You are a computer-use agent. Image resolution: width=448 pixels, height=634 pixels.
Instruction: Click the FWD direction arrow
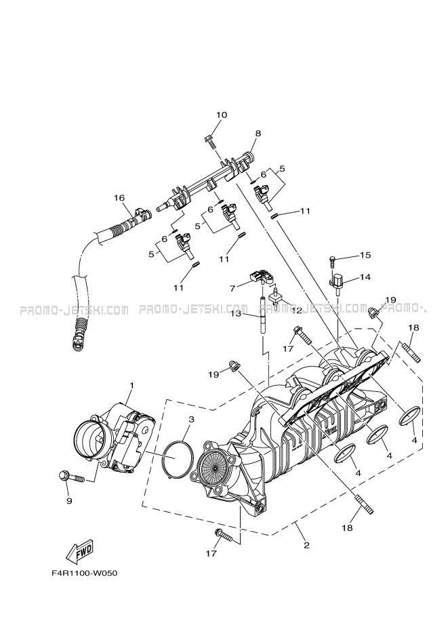[x=79, y=551]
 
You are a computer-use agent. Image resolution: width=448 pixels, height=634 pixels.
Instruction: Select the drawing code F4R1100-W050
[x=84, y=574]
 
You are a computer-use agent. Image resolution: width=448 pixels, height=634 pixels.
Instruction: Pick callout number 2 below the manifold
[x=306, y=545]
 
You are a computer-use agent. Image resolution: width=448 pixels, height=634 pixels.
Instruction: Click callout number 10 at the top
[x=222, y=115]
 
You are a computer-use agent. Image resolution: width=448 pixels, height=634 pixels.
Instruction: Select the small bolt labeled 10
[x=209, y=142]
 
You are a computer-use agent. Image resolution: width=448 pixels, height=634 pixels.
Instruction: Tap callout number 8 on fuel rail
[x=258, y=133]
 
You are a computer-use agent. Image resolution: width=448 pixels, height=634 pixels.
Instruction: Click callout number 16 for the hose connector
[x=119, y=198]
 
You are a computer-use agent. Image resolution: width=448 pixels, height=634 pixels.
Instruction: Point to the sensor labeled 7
[x=261, y=277]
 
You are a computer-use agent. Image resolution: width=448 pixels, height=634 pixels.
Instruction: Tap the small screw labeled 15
[x=332, y=260]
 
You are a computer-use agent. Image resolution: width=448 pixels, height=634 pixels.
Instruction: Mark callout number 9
[x=69, y=500]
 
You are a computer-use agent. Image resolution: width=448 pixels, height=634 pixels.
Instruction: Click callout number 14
[x=365, y=277]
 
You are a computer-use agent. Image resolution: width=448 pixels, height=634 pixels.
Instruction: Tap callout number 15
[x=365, y=255]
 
